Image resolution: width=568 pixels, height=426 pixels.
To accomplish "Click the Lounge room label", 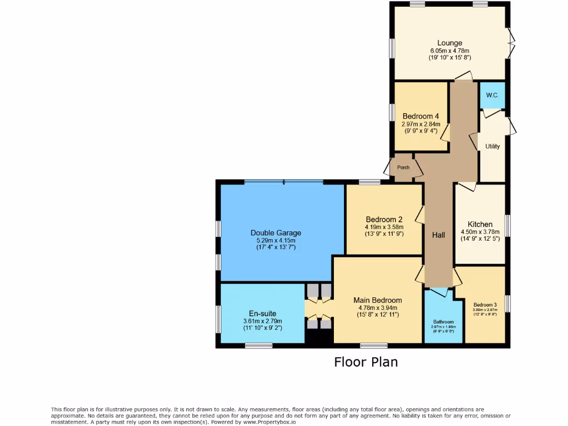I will click(449, 43).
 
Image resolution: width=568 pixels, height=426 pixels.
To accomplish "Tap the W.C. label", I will click(492, 95).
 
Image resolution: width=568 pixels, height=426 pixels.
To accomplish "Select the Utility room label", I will click(492, 146).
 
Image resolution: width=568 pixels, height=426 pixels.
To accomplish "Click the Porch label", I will click(403, 168).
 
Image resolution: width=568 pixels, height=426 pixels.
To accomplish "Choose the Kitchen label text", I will click(480, 224).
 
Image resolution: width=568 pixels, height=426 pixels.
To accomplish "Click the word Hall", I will click(438, 235).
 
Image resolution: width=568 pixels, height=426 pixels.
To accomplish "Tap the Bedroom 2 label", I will click(384, 219).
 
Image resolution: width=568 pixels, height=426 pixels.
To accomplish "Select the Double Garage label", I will click(276, 233).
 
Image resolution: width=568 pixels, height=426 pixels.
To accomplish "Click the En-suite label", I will click(262, 313).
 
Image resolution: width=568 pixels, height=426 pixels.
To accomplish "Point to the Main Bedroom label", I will click(378, 300).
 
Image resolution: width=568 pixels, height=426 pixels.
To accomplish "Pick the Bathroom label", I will click(443, 322).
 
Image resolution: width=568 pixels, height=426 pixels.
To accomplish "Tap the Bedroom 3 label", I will click(485, 305).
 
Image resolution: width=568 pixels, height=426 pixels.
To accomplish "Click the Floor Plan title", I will click(366, 362).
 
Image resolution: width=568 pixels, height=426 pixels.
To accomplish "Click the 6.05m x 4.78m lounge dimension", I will click(449, 50).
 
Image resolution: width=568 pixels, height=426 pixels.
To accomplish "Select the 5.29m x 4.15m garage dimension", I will click(276, 240).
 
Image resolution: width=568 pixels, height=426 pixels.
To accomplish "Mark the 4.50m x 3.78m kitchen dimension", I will click(480, 232).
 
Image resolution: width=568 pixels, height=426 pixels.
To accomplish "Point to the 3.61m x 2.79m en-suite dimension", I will click(262, 321).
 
